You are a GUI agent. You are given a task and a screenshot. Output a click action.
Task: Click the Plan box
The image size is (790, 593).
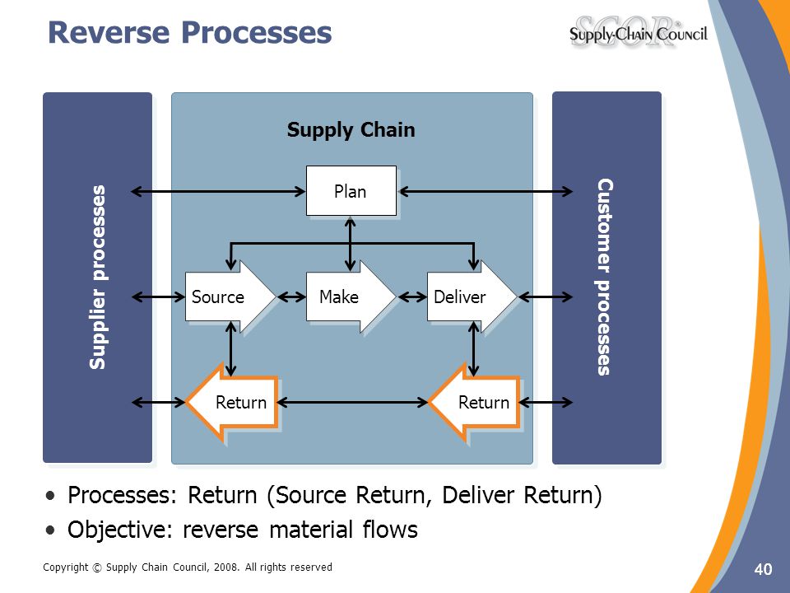click(x=351, y=190)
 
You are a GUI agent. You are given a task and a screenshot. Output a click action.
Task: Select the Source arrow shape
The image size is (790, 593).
click(x=230, y=296)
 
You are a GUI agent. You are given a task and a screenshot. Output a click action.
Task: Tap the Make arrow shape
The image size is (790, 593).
click(x=351, y=296)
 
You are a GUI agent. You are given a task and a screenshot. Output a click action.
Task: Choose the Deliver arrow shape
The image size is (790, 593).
click(x=472, y=296)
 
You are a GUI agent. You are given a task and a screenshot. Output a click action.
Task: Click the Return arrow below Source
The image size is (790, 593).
click(x=232, y=403)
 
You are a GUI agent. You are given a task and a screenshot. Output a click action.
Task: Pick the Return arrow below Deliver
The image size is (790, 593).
click(x=474, y=403)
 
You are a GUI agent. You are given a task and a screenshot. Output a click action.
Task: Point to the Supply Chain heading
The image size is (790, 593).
click(x=351, y=130)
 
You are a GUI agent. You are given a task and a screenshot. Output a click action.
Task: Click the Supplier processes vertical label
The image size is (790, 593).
click(x=97, y=278)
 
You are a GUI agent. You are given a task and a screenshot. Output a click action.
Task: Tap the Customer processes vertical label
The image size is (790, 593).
click(x=605, y=277)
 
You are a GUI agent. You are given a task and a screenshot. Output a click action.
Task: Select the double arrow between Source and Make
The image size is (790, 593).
click(x=291, y=297)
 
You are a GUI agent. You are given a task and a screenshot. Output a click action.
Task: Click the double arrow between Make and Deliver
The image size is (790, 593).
click(x=412, y=297)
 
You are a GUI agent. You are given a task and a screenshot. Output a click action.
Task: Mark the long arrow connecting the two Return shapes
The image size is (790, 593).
click(x=352, y=403)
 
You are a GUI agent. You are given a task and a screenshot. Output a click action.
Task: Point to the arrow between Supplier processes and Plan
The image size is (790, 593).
click(x=218, y=191)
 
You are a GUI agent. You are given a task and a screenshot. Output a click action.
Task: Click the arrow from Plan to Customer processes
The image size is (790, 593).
click(x=486, y=191)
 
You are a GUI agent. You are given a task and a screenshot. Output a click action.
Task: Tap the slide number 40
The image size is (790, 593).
click(x=763, y=569)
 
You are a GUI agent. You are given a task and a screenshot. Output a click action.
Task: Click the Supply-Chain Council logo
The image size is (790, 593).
click(x=639, y=33)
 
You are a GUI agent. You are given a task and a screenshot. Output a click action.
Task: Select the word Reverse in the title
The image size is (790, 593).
click(x=109, y=32)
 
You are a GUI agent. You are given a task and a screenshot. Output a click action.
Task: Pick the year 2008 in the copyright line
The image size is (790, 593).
click(x=225, y=567)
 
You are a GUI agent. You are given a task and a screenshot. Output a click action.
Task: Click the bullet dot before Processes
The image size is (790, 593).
click(x=50, y=496)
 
